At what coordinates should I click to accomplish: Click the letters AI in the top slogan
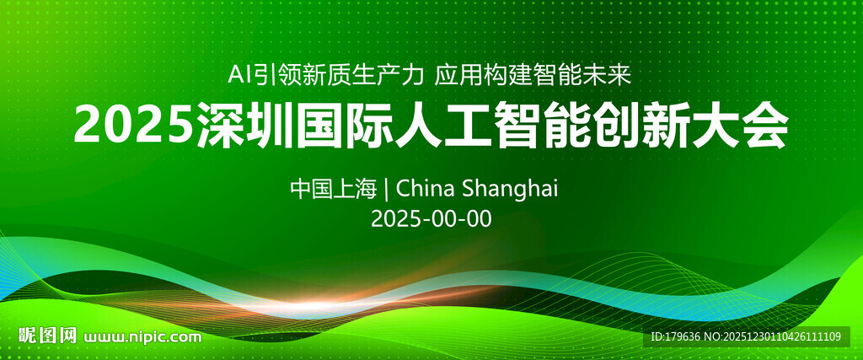(240, 75)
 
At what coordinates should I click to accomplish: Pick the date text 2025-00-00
(431, 218)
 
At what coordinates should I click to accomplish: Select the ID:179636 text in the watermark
(677, 337)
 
